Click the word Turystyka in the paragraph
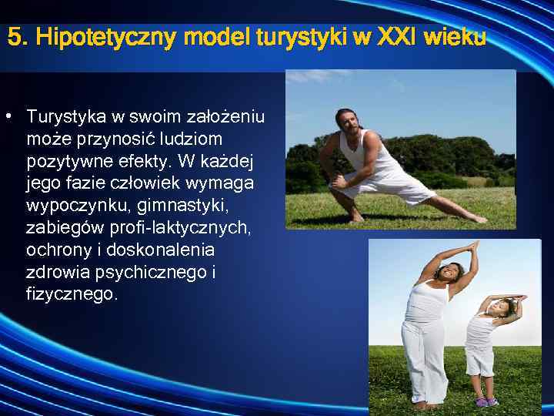65,117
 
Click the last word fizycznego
72,295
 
